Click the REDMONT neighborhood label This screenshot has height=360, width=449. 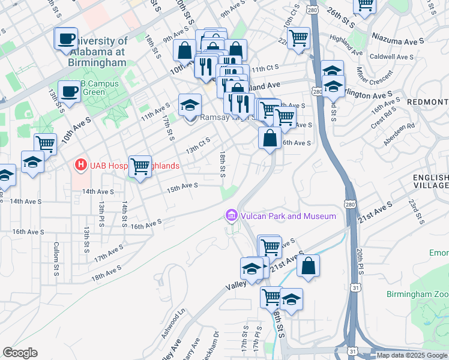427,102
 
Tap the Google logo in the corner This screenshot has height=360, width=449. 20,353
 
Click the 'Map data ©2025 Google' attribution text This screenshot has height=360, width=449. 412,355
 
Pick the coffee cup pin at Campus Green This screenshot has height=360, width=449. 70,91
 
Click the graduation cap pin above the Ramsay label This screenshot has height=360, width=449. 190,105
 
